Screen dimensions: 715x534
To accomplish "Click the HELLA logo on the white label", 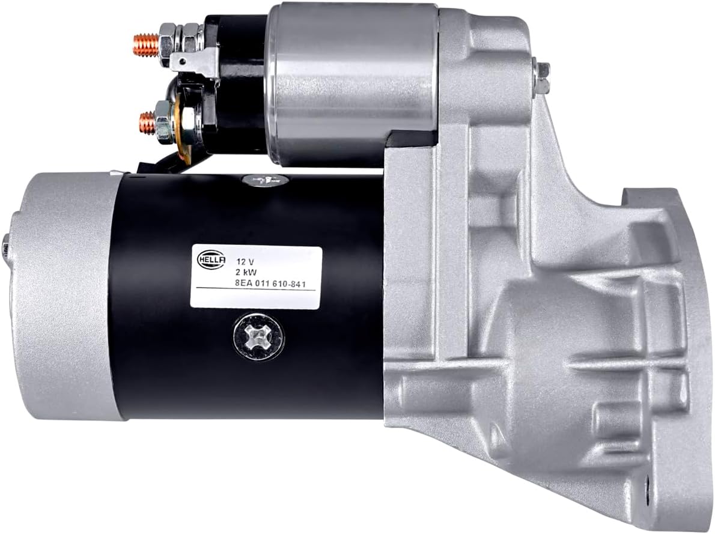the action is tap(211, 259).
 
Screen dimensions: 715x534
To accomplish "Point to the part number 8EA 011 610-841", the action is tap(270, 284).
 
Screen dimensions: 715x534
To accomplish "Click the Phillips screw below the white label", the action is tap(258, 336).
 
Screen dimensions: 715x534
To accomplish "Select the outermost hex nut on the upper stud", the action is tap(167, 45).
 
